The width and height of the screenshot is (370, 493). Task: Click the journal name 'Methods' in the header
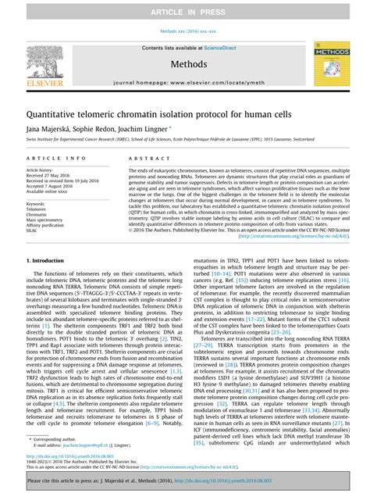184,63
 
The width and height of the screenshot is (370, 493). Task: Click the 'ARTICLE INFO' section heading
49,157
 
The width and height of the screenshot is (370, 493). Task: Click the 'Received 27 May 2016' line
48,175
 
